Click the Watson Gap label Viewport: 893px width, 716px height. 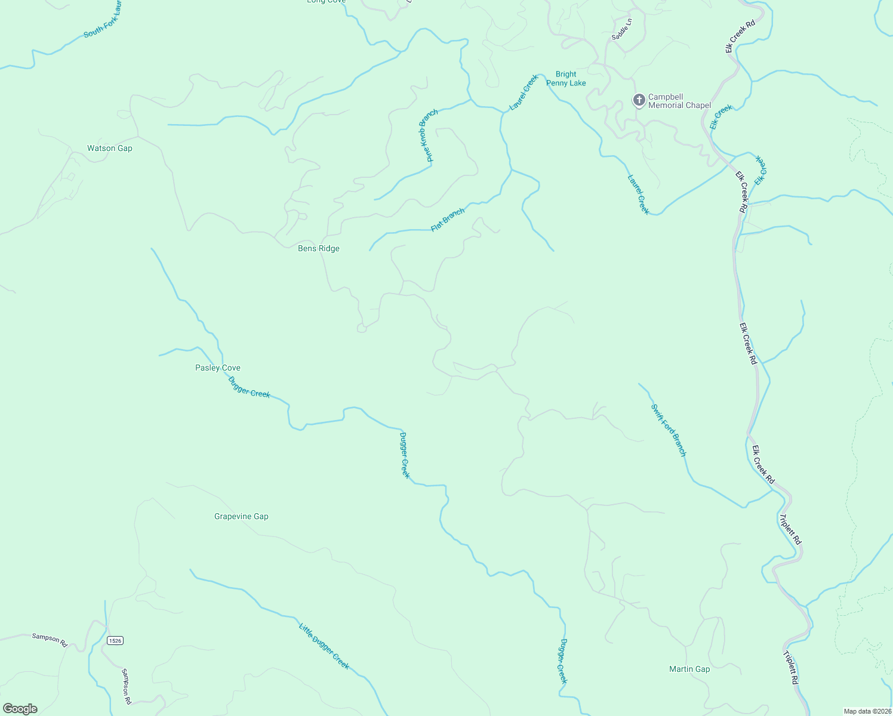click(x=110, y=149)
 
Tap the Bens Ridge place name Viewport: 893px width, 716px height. click(x=319, y=249)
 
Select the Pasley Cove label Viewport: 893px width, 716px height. click(x=218, y=368)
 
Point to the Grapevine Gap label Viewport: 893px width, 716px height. click(x=241, y=517)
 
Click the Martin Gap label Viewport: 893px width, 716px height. click(x=689, y=669)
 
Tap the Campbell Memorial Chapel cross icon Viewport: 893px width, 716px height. click(x=639, y=100)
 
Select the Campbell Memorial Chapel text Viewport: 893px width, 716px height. click(x=679, y=101)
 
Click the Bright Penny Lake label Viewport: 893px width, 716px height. click(x=566, y=79)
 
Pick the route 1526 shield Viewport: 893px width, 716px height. click(x=115, y=641)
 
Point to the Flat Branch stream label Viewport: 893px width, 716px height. click(x=448, y=220)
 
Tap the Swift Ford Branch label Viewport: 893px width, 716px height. click(x=669, y=430)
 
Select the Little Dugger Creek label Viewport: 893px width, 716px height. click(x=324, y=646)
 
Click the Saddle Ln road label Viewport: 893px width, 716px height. click(x=621, y=29)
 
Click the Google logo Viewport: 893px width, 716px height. click(x=20, y=709)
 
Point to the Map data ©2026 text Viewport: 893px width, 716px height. click(x=867, y=711)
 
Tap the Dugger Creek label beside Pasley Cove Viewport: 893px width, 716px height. click(x=250, y=387)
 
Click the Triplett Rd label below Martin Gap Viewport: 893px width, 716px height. click(x=792, y=667)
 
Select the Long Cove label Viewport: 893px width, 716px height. click(x=326, y=2)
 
